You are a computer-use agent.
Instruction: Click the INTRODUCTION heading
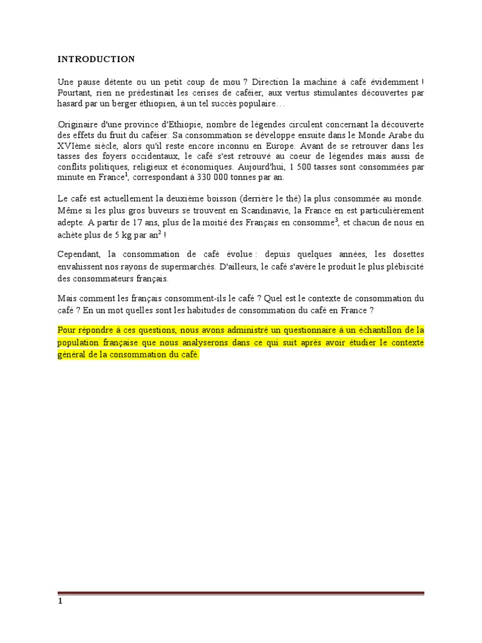(x=96, y=60)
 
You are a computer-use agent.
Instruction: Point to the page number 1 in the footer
(x=60, y=600)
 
